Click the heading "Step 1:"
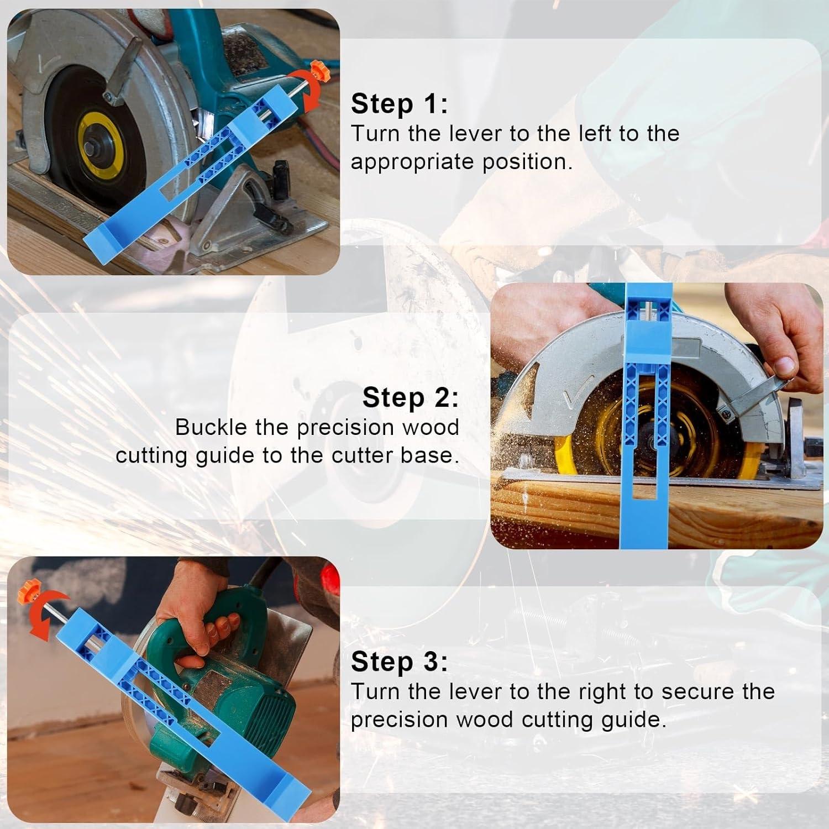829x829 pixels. [399, 104]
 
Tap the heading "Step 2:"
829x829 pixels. [410, 397]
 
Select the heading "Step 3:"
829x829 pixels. [399, 662]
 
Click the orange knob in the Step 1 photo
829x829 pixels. [316, 71]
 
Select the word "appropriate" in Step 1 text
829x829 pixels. [412, 162]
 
